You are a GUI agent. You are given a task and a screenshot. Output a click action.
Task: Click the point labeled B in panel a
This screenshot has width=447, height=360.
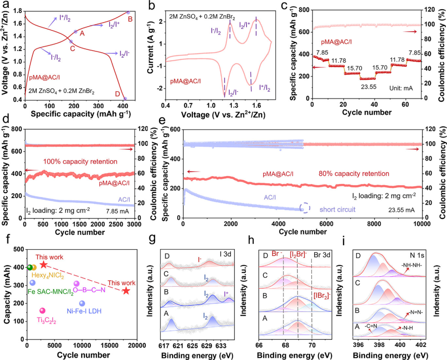point(128,13)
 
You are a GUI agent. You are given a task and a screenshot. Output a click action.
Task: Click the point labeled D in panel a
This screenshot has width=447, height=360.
point(125,99)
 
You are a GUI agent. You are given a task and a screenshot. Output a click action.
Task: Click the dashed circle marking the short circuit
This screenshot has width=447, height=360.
point(305,208)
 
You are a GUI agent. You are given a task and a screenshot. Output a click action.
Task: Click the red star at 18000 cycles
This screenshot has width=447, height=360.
point(126,291)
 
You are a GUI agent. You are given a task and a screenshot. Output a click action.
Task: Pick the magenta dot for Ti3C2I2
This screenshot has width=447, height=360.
point(42,311)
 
